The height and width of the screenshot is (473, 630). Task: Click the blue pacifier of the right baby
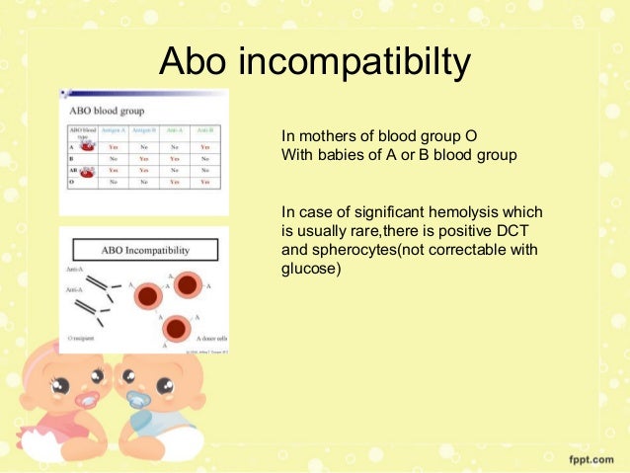[x=138, y=400]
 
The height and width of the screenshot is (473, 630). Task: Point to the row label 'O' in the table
[x=71, y=182]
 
